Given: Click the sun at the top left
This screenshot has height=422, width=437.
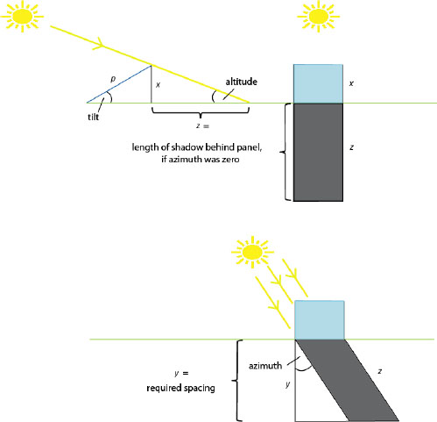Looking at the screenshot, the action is tap(22, 16).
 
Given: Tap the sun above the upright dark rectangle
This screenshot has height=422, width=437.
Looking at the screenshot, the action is tap(318, 16).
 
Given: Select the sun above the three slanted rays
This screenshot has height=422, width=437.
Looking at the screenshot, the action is tap(252, 252).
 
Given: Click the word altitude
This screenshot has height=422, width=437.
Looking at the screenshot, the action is tap(241, 82).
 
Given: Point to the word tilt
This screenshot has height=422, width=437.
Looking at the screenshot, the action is tap(94, 117).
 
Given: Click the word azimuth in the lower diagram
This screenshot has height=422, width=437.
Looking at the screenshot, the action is tap(265, 366).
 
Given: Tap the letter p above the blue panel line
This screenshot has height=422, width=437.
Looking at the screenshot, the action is tap(114, 79).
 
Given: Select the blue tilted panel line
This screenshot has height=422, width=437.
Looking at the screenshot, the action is tap(119, 84).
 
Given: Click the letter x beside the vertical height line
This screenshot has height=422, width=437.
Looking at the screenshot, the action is tap(158, 85).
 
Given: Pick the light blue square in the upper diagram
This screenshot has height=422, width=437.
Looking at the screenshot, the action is tap(318, 83).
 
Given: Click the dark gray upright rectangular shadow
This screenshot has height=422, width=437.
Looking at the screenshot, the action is tap(318, 152).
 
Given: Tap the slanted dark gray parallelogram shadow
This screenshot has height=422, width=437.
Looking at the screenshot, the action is tap(348, 380).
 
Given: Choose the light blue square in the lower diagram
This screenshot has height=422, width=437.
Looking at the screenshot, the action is tap(320, 320).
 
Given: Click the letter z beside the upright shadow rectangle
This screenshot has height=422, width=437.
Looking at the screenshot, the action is tap(352, 147).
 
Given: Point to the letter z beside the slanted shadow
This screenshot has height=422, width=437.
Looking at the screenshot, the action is tap(380, 371).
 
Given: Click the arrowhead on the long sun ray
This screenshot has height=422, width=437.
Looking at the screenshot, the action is tap(99, 43).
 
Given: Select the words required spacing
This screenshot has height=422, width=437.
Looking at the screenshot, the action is tap(180, 388).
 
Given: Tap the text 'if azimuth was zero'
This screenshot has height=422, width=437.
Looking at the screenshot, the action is tap(201, 159).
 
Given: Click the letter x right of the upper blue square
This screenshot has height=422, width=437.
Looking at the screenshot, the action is tap(351, 83).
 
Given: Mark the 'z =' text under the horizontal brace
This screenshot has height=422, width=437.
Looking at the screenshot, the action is tap(203, 126).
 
